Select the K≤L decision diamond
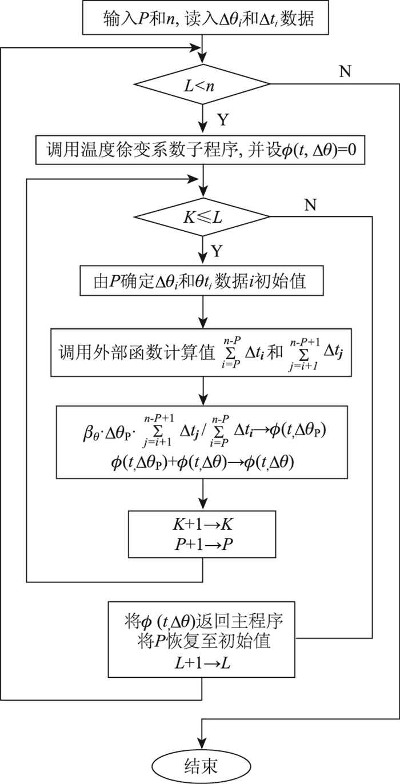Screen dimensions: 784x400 pos(202,217)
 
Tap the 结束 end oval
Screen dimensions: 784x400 pos(202,766)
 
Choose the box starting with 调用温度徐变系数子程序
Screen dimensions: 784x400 pos(202,150)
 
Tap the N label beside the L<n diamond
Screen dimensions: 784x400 pos(346,73)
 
